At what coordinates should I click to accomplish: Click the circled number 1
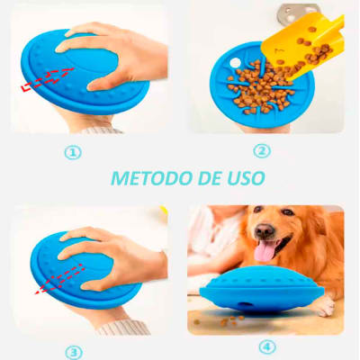[x=73, y=152]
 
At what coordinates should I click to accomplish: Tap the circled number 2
[x=262, y=151]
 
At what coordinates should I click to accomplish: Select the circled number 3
[x=73, y=352]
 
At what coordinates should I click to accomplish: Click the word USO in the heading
[x=245, y=178]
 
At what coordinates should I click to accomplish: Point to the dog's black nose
[x=262, y=231]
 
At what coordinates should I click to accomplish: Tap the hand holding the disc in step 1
[x=121, y=54]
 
